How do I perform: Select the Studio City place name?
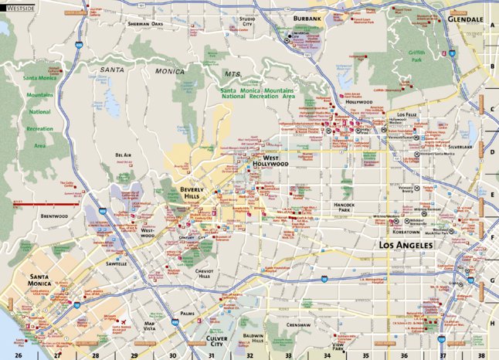(247, 21)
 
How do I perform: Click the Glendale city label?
(464, 17)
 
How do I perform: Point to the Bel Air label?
(123, 155)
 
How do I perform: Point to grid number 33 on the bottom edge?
(287, 356)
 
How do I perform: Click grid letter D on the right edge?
(491, 151)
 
